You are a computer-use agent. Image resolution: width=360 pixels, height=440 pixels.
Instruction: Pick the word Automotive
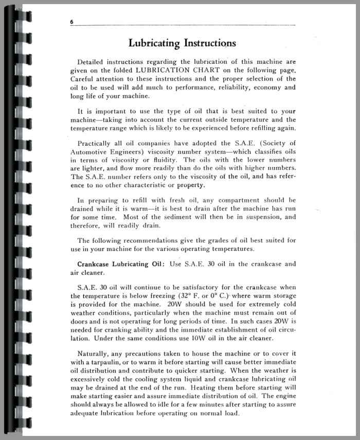coord(89,152)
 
